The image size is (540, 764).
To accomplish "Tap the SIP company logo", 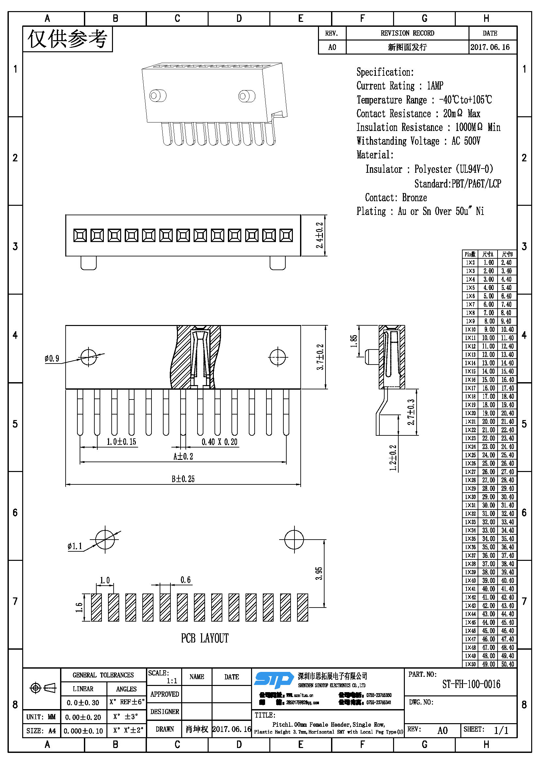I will pos(273,679).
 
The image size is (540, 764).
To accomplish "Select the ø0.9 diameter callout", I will pos(52,358).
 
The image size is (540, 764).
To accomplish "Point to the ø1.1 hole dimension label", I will pos(74,546).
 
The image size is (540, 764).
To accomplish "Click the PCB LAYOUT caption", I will pos(204,638).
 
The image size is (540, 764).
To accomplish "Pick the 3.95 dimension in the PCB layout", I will pos(319,573).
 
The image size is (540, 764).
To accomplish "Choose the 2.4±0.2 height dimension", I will pos(320,235).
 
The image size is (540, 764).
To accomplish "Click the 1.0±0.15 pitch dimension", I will pos(121,442).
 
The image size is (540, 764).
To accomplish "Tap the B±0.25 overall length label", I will pos(183,479).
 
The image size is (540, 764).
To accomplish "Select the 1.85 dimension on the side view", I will pos(354,341).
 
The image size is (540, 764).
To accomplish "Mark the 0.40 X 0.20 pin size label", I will pos(219,442).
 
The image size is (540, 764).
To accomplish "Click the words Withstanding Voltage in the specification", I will pos(398,141).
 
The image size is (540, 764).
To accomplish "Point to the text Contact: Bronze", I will pos(396,198).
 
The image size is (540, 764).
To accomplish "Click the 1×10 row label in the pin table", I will pos(470,330).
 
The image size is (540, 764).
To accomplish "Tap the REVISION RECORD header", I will pos(407,33).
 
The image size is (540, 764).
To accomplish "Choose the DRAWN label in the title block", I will pos(165,729).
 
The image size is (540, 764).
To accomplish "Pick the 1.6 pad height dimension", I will pos(79,607).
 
